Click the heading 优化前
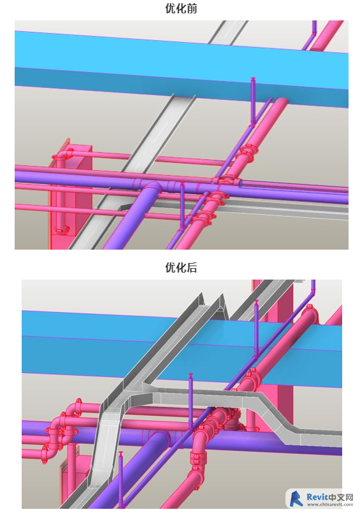coord(181,8)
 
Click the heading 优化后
coord(181,267)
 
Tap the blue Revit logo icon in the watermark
coord(296,499)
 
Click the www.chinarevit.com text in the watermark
coord(330,504)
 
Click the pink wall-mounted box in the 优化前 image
coord(70,196)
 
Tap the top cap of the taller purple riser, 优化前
coord(253,79)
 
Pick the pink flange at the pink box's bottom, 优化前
coord(61,230)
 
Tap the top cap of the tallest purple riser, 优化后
coord(257,302)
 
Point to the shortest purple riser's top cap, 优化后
coord(121,453)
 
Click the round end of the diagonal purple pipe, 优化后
coord(159,441)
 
